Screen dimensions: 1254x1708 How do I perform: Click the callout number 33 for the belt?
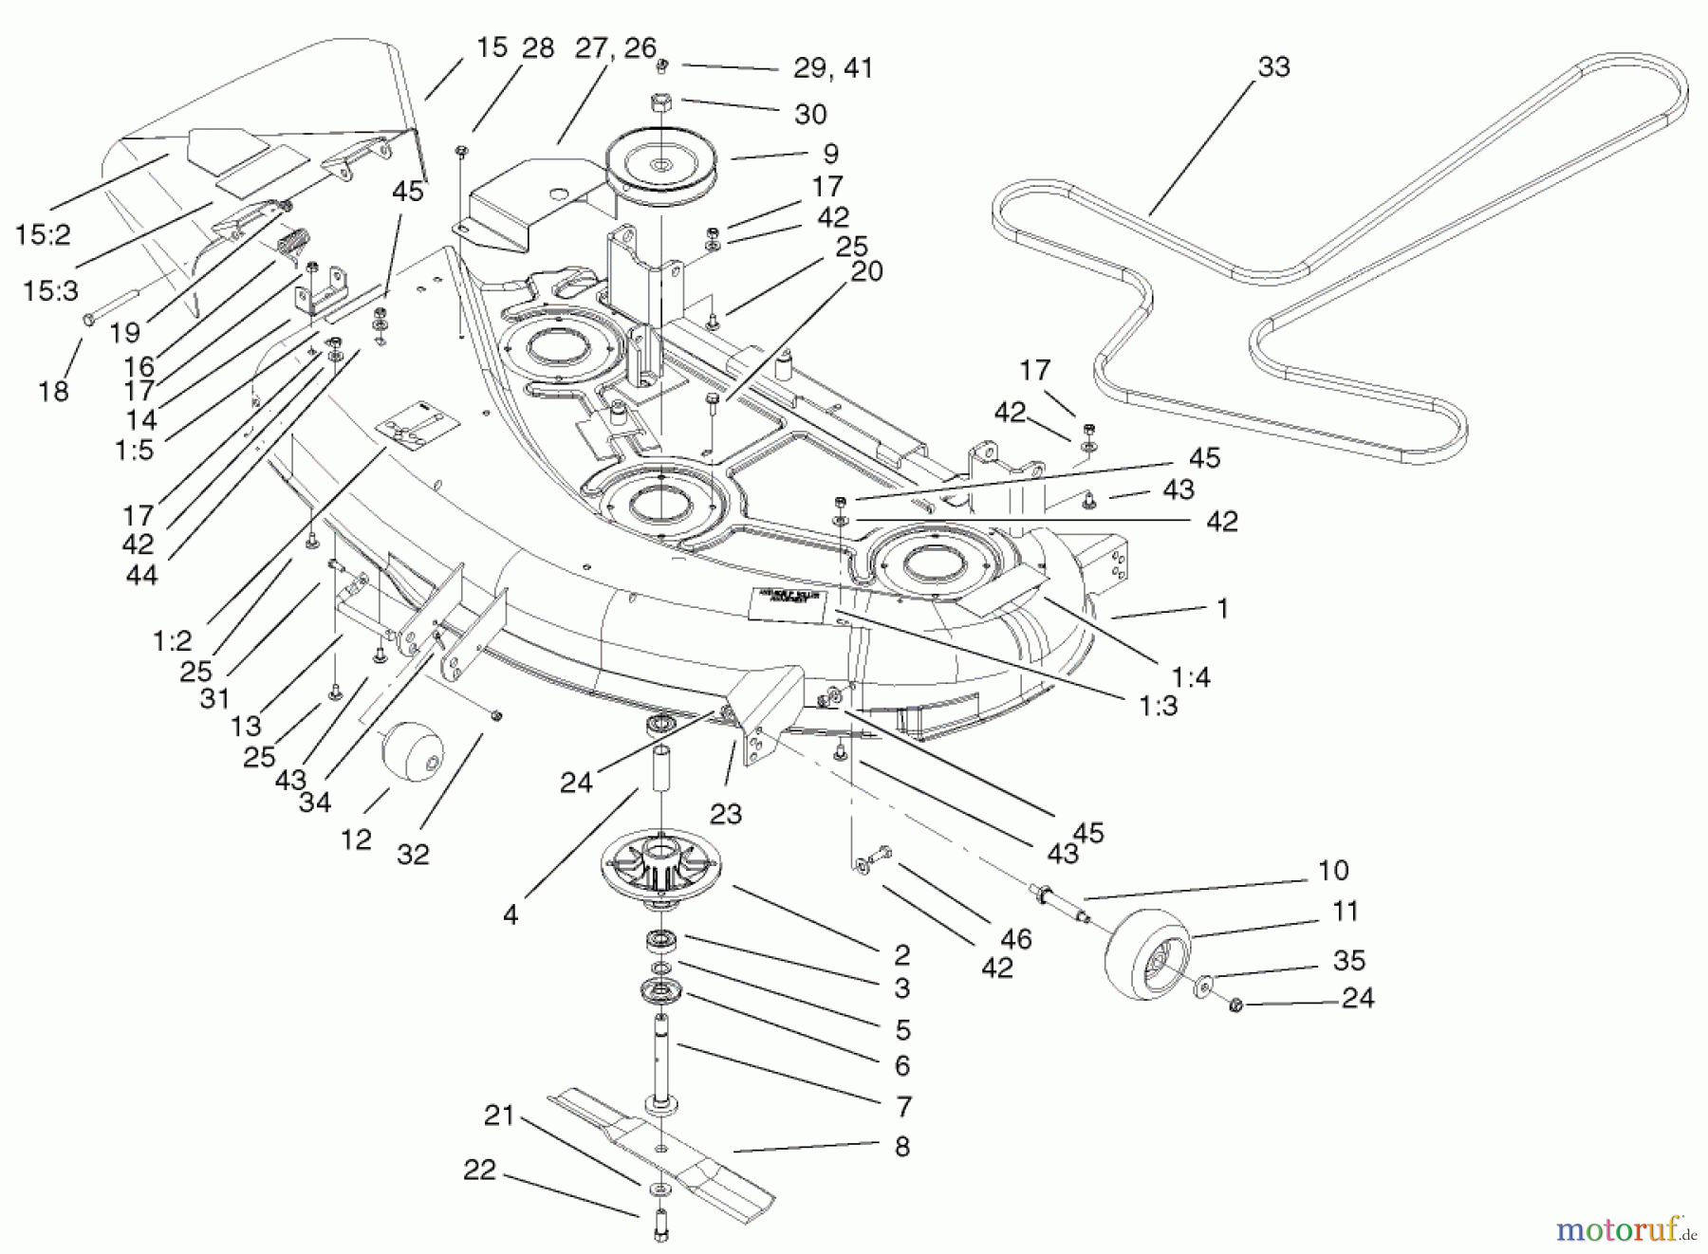click(1273, 67)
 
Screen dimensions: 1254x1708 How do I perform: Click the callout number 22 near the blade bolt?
click(479, 1170)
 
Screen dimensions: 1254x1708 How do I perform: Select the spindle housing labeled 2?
click(659, 863)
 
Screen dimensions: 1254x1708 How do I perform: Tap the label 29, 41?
click(832, 68)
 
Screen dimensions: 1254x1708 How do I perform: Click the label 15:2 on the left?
click(43, 234)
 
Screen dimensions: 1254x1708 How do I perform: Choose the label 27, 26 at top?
click(615, 47)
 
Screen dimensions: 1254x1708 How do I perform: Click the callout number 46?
click(1015, 939)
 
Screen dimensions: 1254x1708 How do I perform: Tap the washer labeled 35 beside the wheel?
click(1203, 987)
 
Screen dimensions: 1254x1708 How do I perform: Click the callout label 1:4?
click(1190, 676)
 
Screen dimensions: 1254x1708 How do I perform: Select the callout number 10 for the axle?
click(1333, 870)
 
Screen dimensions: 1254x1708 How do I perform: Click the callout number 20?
click(866, 271)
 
